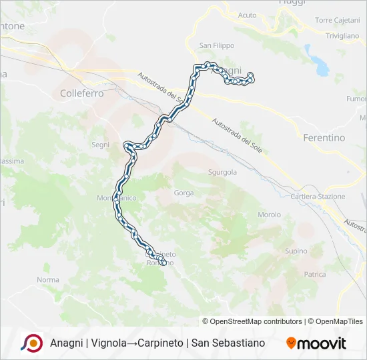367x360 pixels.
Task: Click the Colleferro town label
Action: [81, 94]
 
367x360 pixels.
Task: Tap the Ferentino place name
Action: [324, 138]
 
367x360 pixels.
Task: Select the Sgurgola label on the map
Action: [223, 172]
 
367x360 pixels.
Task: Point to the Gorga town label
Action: [183, 193]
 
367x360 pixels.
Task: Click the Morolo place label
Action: [269, 215]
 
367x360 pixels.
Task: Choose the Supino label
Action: [296, 251]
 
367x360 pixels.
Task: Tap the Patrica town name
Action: [314, 274]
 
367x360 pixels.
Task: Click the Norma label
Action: [48, 280]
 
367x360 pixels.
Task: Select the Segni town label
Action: [100, 145]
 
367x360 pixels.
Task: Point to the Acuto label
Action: [247, 15]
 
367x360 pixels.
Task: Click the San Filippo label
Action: [217, 46]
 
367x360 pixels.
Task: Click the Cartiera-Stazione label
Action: [318, 197]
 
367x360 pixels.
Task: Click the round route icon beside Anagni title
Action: [31, 343]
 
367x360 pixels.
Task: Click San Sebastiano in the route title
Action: [228, 343]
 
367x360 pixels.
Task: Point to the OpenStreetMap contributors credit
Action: [252, 321]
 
